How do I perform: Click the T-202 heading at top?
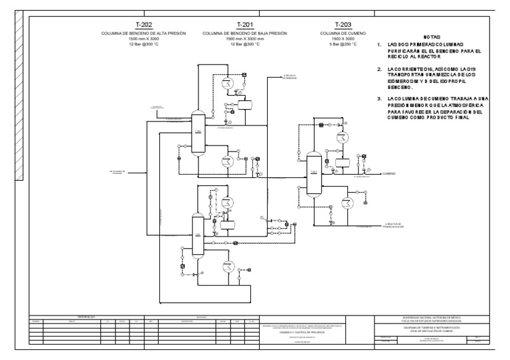[143, 24]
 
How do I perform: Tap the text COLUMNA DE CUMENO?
[339, 33]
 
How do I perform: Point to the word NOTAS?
[432, 38]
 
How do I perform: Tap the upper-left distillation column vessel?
[197, 132]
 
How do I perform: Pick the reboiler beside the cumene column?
[345, 203]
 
